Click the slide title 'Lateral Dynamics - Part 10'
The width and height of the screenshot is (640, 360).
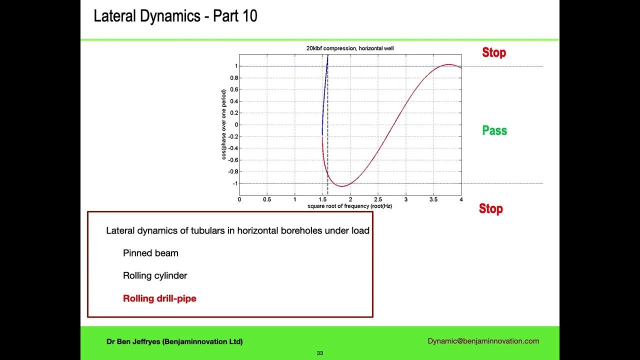pos(175,16)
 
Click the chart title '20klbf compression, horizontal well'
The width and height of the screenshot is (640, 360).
pos(350,48)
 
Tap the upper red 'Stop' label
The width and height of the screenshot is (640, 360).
pos(493,52)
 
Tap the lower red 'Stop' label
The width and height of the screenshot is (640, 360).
pos(490,208)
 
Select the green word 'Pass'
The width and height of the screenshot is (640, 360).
pos(494,130)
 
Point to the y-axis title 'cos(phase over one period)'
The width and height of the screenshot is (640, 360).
pos(224,124)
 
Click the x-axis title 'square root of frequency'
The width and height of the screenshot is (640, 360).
pos(350,206)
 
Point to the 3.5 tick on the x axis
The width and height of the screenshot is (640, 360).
pos(433,199)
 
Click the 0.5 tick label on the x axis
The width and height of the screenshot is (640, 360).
pos(267,199)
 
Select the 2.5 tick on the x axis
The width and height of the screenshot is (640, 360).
pos(377,199)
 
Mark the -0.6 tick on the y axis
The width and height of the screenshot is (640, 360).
pos(233,160)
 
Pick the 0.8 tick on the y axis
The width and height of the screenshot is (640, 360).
pos(234,78)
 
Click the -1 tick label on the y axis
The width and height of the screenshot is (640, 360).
pos(234,183)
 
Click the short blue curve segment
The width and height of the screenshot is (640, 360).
pos(324,100)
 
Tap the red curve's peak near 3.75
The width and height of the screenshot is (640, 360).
pos(449,64)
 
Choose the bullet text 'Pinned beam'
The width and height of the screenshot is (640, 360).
pos(150,253)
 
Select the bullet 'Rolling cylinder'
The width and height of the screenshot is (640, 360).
pos(155,275)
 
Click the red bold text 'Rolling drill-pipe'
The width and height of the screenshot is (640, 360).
pos(159,298)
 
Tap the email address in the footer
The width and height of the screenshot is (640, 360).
pos(483,341)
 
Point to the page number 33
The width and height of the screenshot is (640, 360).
pos(320,353)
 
